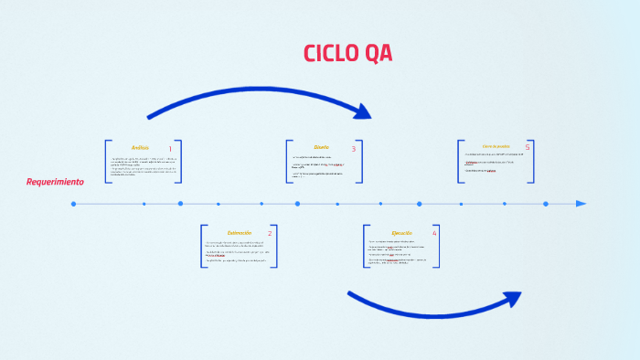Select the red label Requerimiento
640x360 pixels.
(55, 182)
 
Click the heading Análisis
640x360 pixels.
(140, 147)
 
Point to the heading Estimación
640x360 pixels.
(239, 233)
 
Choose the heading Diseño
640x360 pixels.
(321, 147)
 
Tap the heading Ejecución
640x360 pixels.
(401, 233)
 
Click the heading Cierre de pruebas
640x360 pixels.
(496, 146)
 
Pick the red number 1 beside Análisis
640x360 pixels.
(170, 148)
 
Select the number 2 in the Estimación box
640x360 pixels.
(270, 234)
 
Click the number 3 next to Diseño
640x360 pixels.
(353, 148)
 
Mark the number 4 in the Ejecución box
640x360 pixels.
(434, 234)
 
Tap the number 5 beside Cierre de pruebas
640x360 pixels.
(528, 147)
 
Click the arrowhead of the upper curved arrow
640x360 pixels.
(364, 111)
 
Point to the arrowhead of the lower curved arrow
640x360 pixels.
(512, 298)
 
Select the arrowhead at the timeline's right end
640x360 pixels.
(581, 204)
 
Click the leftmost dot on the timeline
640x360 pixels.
(74, 204)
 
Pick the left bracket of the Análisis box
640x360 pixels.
(107, 162)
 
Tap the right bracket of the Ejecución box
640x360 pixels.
(438, 247)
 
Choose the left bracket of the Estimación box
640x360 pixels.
(203, 247)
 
